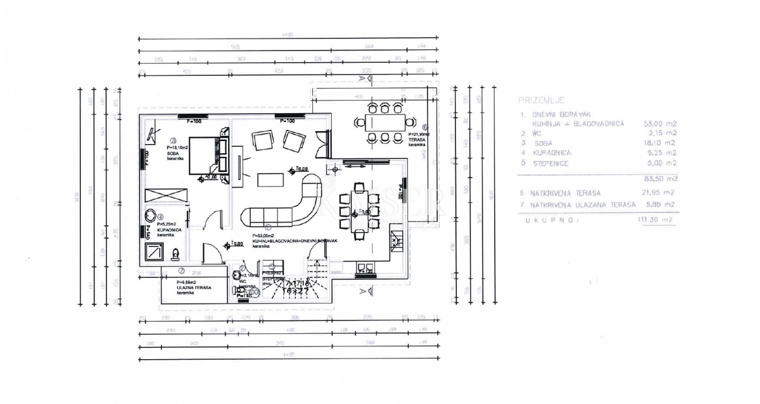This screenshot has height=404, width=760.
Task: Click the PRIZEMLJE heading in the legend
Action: point(541,101)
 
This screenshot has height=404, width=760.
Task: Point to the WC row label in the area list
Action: point(528,133)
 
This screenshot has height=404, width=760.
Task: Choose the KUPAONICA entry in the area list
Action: point(553,152)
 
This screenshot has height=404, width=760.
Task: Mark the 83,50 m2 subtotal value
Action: point(660,178)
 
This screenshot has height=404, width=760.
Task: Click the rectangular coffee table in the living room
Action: point(271,180)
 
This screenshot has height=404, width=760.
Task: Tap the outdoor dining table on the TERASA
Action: point(383,122)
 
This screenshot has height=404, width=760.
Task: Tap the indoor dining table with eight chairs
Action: point(359,209)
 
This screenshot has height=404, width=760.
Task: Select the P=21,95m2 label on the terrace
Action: point(419,135)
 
